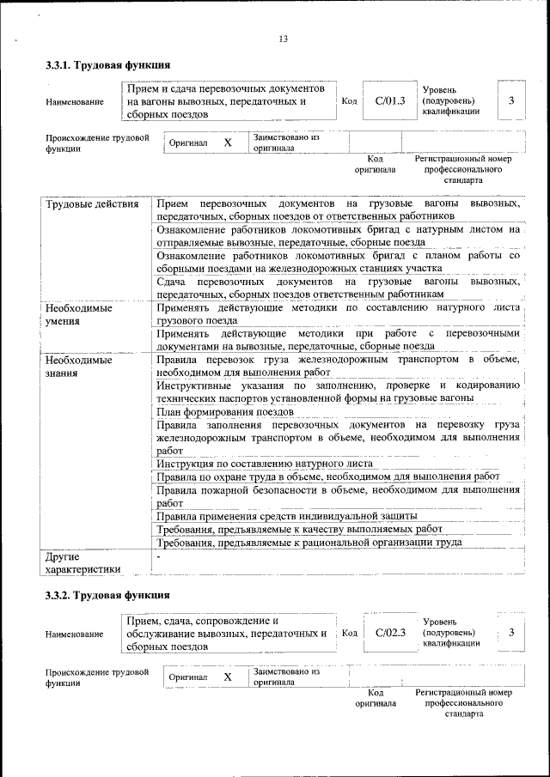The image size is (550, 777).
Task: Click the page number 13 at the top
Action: pos(283,38)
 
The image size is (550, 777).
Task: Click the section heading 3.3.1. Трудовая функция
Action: pos(107,65)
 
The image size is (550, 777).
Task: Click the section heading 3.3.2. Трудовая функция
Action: pos(107,595)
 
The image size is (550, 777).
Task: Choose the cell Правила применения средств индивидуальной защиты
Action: pos(287,516)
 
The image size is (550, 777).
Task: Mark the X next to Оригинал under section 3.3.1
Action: pos(228,143)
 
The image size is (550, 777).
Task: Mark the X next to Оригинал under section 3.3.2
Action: pos(228,677)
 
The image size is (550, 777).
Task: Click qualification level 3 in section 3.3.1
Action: pos(511,101)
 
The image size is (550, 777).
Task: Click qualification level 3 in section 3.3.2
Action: pos(511,633)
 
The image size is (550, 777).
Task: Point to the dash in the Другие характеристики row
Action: pos(159,556)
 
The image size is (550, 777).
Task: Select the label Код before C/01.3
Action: pos(350,101)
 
